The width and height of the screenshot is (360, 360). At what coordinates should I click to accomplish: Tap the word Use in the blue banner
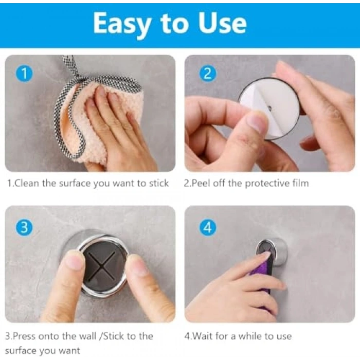pos(223,23)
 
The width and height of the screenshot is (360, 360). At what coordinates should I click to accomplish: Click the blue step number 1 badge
pos(24,74)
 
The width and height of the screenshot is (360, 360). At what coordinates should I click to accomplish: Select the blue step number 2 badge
pos(208,74)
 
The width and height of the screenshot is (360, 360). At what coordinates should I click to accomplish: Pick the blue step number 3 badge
pos(24,227)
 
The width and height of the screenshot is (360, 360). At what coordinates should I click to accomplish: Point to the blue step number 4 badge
pos(208,227)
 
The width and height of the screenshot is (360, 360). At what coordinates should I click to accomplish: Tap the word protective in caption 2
pos(267,184)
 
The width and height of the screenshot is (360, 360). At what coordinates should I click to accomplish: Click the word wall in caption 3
pos(87,336)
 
